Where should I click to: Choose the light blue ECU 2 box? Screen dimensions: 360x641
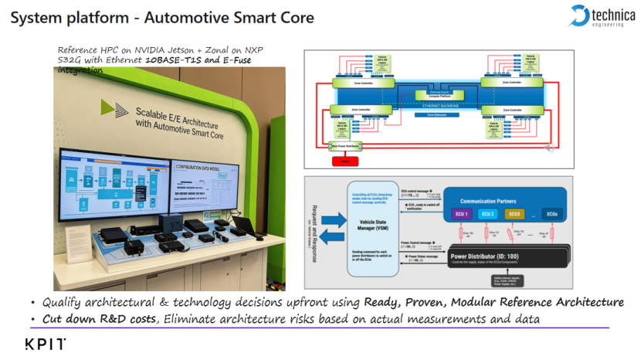[487, 212]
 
